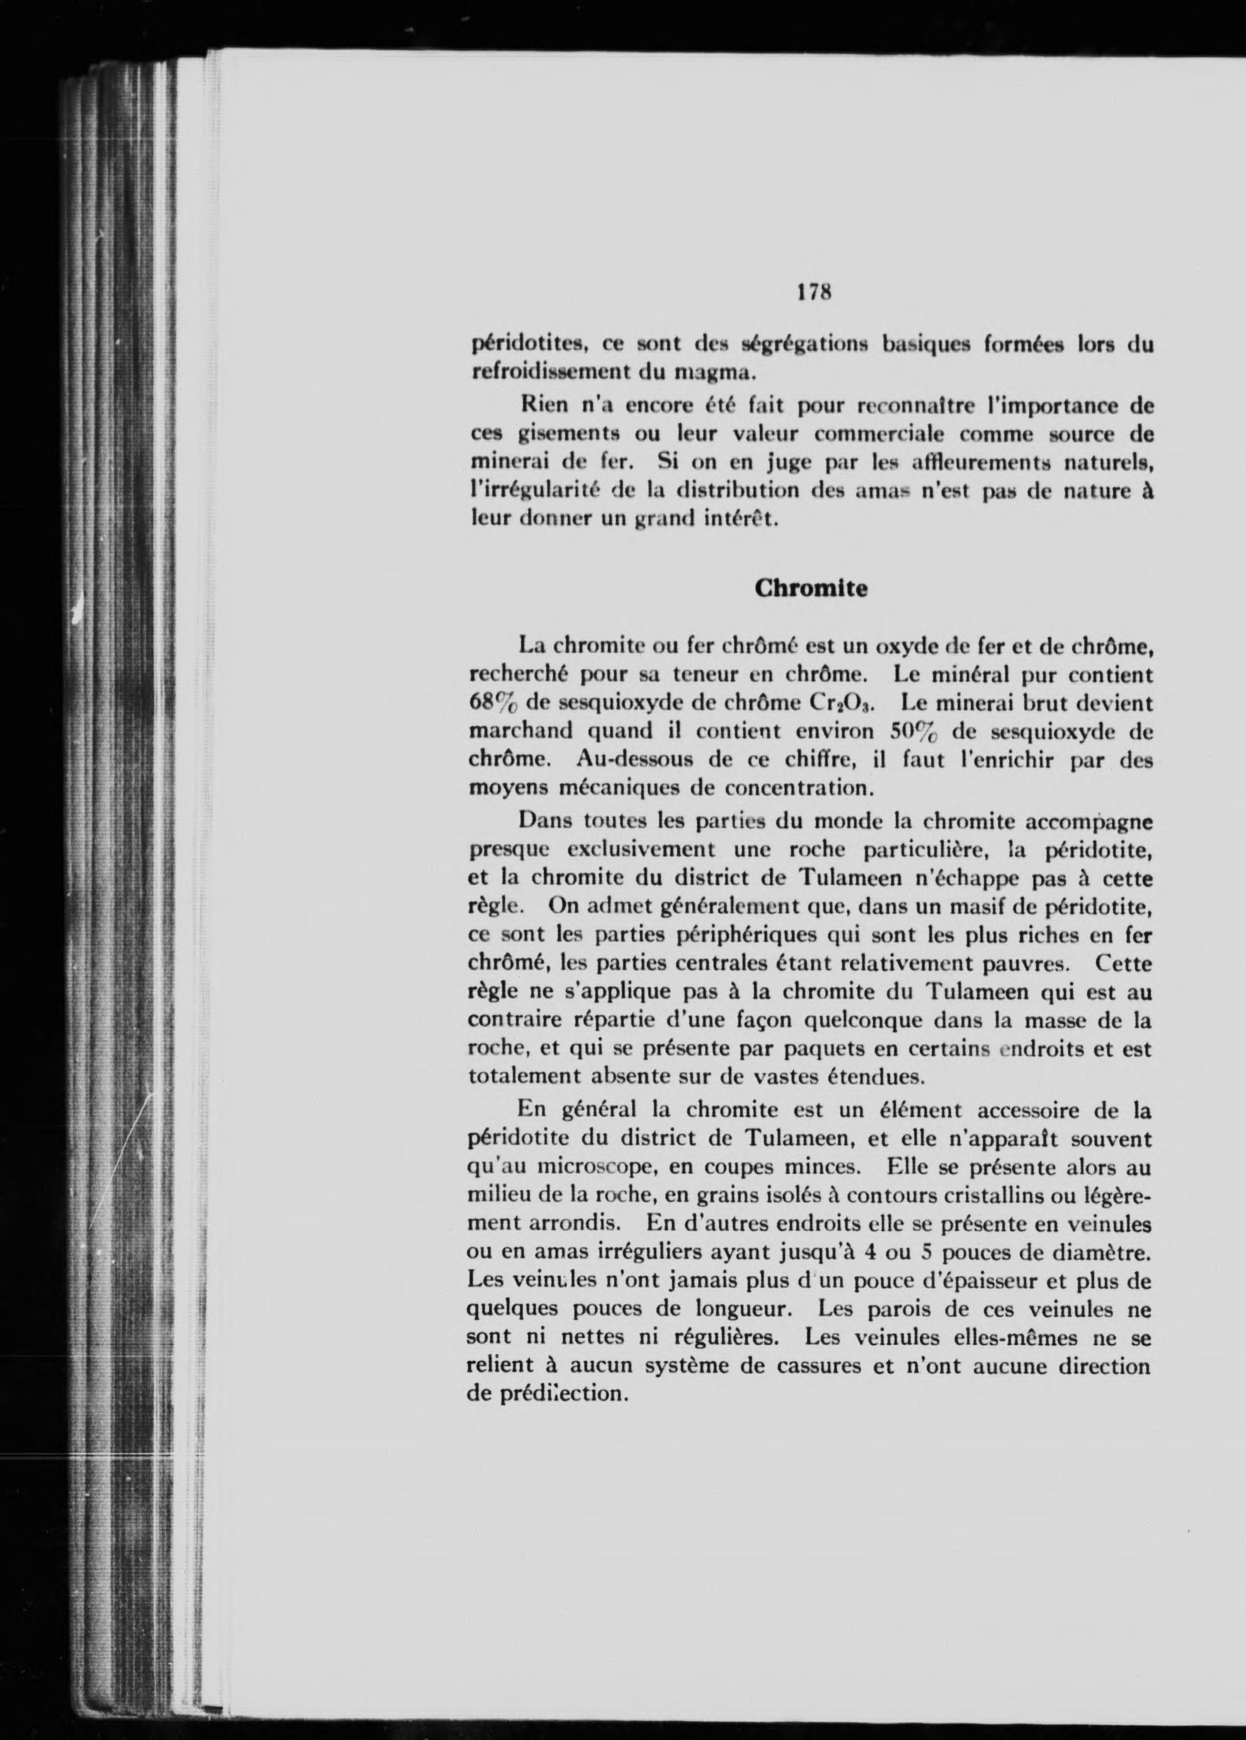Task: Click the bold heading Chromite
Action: click(x=811, y=588)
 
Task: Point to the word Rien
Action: click(x=545, y=403)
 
